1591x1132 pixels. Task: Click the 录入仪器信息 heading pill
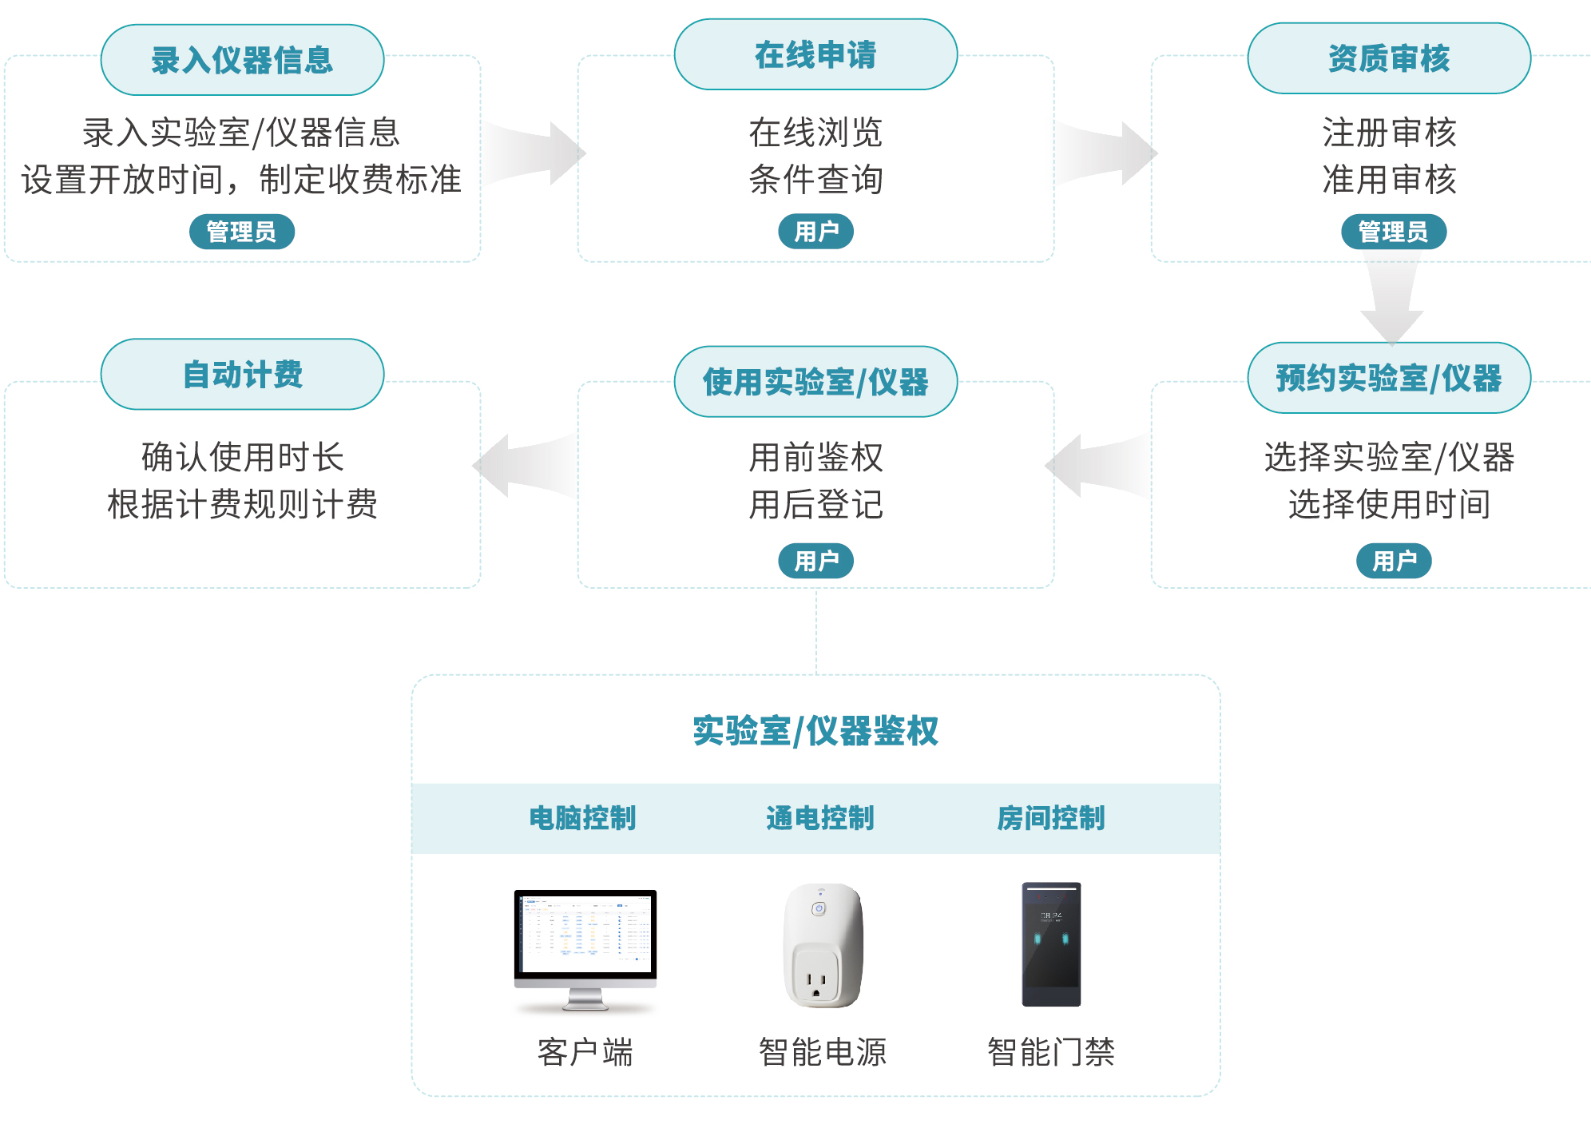pos(242,60)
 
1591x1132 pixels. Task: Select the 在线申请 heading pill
pos(815,55)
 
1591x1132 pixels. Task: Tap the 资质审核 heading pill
pos(1389,58)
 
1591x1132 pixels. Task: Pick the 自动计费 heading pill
pos(242,374)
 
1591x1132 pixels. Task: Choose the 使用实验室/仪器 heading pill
pos(815,382)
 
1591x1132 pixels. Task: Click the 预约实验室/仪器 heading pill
pos(1389,378)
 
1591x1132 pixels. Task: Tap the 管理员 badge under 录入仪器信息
pos(241,232)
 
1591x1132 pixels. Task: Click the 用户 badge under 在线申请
pos(815,232)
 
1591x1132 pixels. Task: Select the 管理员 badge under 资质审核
pos(1393,232)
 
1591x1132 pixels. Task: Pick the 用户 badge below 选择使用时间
pos(1393,561)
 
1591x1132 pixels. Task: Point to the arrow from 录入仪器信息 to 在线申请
pos(535,153)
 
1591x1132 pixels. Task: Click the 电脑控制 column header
pos(582,818)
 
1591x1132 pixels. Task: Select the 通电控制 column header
pos(819,818)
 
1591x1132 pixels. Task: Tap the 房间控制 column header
pos(1050,818)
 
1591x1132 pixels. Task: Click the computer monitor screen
pos(585,933)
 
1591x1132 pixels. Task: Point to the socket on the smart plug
pos(815,979)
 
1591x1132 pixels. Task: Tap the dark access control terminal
pos(1051,944)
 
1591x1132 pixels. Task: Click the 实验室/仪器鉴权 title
pos(815,731)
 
